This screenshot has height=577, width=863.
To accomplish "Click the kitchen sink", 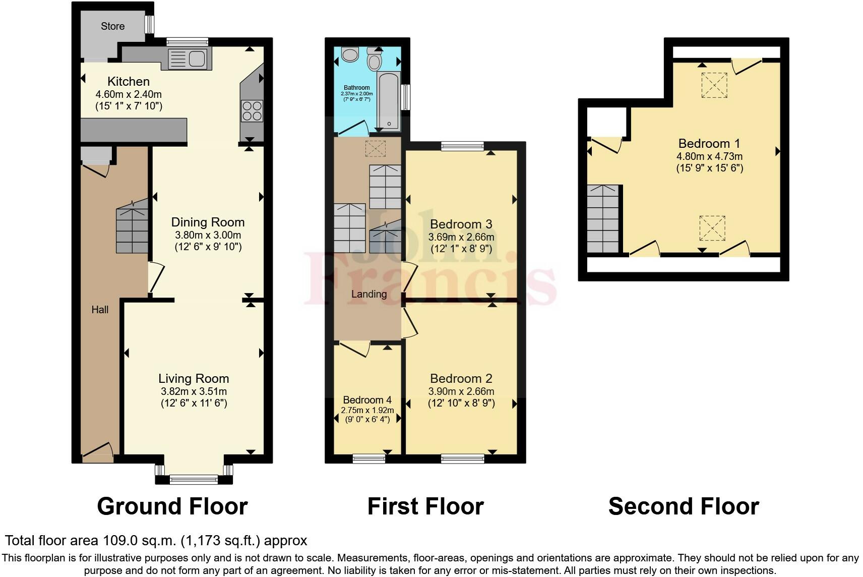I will [187, 59].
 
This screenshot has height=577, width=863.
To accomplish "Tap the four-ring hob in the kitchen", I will [252, 111].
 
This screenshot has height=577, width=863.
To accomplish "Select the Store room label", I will [112, 26].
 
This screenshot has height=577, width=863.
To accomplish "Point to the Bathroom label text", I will [356, 88].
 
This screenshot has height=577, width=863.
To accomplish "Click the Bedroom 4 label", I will [367, 400].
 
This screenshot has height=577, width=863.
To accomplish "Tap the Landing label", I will [369, 294].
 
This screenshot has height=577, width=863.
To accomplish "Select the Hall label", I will [100, 310].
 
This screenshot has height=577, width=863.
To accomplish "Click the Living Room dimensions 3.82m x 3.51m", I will [194, 391].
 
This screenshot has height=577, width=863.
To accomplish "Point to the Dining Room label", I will [208, 222].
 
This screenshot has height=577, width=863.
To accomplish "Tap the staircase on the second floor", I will [603, 218].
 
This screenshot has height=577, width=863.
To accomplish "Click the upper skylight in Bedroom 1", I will [714, 85].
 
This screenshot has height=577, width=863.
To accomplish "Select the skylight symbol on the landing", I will [375, 149].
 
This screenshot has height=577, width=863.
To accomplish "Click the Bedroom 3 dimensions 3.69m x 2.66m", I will [461, 237].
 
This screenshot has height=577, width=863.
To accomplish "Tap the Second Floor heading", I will [683, 506].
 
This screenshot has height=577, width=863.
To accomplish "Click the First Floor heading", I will [425, 506].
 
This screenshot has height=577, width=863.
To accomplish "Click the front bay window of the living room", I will [194, 479].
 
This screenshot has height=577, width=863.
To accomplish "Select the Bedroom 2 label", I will [461, 378].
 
